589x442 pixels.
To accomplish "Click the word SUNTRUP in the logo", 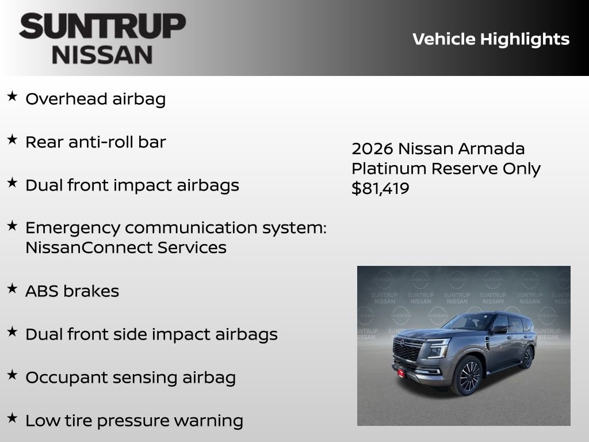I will [102, 26].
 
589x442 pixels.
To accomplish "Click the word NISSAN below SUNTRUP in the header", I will [102, 54].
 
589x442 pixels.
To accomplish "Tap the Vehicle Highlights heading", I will [491, 39].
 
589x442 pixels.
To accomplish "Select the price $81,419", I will [380, 188].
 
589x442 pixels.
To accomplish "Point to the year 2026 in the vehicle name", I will [372, 148].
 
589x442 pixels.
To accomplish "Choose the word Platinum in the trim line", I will [389, 169].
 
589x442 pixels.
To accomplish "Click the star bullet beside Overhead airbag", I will [12, 96].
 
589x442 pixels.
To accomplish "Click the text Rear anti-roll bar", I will [95, 142].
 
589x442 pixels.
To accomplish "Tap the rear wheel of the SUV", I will [527, 357].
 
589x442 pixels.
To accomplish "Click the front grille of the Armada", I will [407, 349].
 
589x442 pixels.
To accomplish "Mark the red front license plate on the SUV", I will [401, 373].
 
